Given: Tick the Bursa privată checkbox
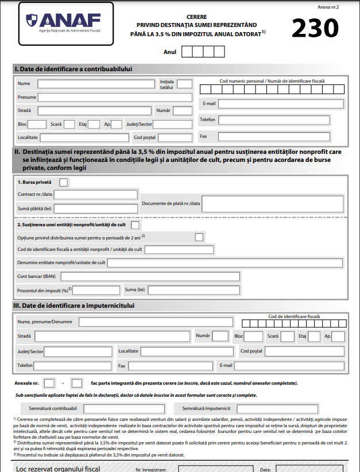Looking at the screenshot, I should click(x=64, y=182).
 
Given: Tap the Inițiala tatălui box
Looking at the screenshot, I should click(x=184, y=84).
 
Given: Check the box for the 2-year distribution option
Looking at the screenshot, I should click(x=199, y=237).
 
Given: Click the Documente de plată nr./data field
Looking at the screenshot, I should click(x=270, y=204).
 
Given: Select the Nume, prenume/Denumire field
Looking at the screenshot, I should click(x=156, y=322).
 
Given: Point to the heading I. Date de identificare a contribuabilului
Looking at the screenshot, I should click(x=73, y=69).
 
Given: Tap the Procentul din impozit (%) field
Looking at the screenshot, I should click(x=96, y=289).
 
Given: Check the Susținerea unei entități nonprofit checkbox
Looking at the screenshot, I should click(x=135, y=225).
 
